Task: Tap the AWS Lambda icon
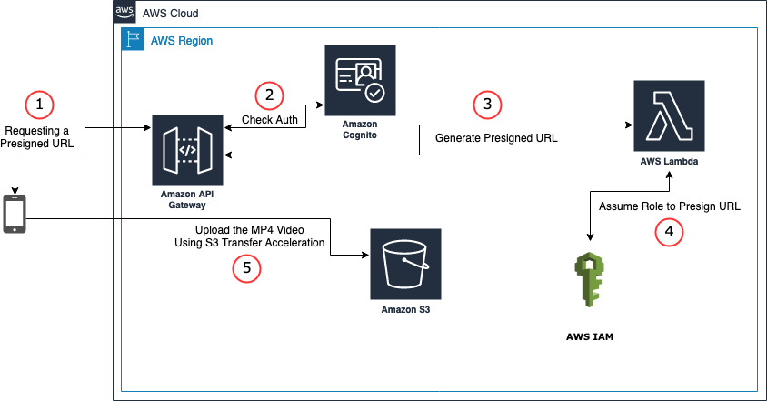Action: click(669, 115)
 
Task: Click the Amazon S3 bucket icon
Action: click(405, 264)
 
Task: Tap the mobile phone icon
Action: click(15, 215)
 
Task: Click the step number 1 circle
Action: click(38, 105)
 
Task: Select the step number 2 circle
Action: click(268, 95)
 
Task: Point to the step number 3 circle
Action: click(488, 105)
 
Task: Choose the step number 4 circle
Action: click(670, 232)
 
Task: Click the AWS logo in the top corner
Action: click(125, 14)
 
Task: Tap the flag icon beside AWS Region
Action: click(133, 41)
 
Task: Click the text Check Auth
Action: click(267, 120)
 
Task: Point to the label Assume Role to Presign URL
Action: click(670, 206)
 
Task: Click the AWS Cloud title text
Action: click(170, 15)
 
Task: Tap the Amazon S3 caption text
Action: click(405, 310)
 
